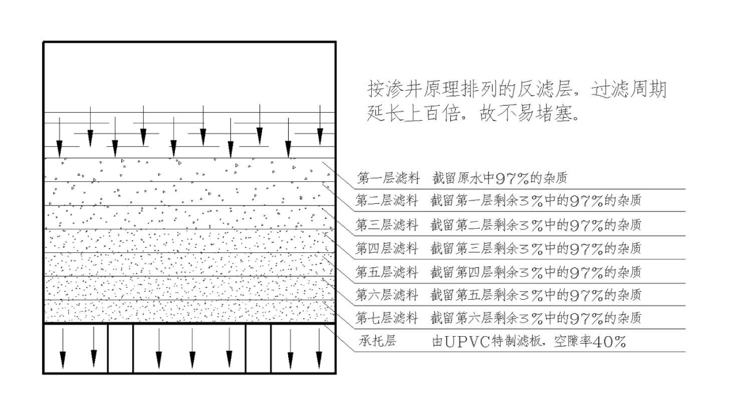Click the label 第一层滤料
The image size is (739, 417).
click(x=389, y=178)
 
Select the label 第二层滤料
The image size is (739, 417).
click(x=387, y=200)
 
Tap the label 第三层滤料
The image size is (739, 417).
click(x=387, y=225)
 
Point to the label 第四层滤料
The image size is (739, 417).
click(x=387, y=248)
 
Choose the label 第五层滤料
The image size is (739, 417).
click(x=387, y=272)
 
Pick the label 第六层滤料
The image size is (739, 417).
click(x=387, y=295)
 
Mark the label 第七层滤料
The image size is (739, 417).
click(x=387, y=318)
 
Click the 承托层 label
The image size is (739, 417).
click(x=378, y=341)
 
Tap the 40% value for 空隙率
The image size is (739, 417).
click(x=609, y=342)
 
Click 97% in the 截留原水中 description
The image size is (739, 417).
click(x=512, y=178)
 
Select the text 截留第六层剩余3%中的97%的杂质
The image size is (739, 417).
click(x=536, y=318)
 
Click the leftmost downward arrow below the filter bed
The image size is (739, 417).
click(x=62, y=348)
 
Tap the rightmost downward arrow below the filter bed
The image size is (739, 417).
click(x=319, y=348)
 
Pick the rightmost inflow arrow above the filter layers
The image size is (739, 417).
click(x=320, y=125)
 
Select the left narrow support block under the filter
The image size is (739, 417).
click(x=121, y=348)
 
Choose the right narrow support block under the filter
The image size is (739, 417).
click(x=258, y=348)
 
